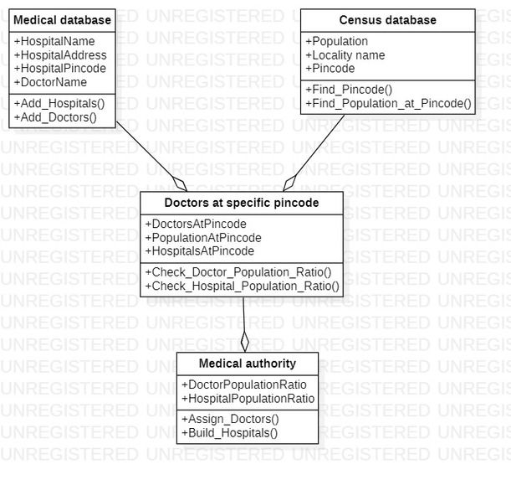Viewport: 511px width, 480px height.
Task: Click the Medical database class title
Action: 63,20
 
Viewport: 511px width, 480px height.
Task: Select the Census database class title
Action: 387,20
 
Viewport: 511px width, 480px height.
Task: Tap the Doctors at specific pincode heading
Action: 242,203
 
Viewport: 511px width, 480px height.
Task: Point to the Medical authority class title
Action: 247,364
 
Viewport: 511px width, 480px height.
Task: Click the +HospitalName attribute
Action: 54,41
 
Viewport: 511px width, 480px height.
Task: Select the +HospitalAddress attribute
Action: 60,55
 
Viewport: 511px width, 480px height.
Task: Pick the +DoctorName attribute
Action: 50,82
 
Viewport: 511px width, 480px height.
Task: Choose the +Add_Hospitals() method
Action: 59,103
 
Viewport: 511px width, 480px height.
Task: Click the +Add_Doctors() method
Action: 55,117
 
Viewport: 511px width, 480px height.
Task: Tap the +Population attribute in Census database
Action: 336,41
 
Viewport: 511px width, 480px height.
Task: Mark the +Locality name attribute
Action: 345,55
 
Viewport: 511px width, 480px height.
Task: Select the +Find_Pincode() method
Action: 349,90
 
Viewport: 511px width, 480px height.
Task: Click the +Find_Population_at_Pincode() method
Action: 388,104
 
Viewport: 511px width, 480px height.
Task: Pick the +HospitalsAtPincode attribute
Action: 200,251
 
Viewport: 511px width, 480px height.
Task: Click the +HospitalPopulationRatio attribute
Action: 248,399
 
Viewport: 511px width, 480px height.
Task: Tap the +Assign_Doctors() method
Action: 230,419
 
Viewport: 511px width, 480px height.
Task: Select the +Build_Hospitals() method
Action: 229,433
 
